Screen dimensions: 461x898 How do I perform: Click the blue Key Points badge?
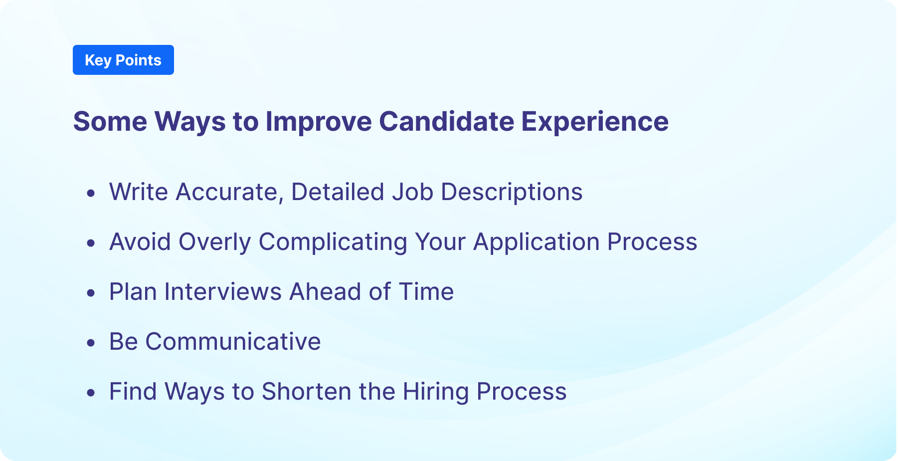[x=123, y=60]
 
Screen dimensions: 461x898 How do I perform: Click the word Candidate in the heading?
[x=446, y=121]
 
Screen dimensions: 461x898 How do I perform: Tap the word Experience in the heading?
[x=595, y=121]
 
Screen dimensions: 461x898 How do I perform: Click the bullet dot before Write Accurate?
[x=91, y=193]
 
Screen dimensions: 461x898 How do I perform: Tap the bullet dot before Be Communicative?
[x=91, y=343]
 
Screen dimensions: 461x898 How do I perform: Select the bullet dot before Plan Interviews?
[x=91, y=293]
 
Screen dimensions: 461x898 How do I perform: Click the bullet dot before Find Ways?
[x=91, y=393]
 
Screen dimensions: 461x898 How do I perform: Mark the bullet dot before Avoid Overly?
[x=91, y=243]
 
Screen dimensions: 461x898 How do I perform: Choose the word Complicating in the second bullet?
[x=333, y=242]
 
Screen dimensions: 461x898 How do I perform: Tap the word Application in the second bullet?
[x=537, y=242]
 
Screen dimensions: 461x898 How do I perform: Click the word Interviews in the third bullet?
[x=223, y=292]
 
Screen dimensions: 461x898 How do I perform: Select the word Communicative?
[x=233, y=342]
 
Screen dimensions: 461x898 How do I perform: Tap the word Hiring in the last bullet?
[x=436, y=392]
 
